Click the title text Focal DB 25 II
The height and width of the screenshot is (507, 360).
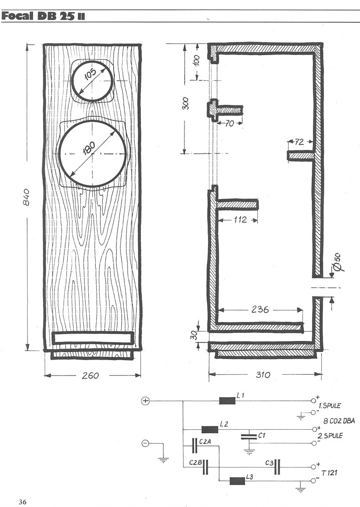43,16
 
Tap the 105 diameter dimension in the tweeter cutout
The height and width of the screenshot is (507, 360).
90,74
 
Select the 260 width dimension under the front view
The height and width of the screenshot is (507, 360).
90,376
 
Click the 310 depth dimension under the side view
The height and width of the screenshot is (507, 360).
263,375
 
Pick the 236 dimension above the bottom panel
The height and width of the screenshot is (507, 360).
260,309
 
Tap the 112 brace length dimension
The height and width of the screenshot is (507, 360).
240,220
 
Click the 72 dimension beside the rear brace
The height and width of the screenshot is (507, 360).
299,141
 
